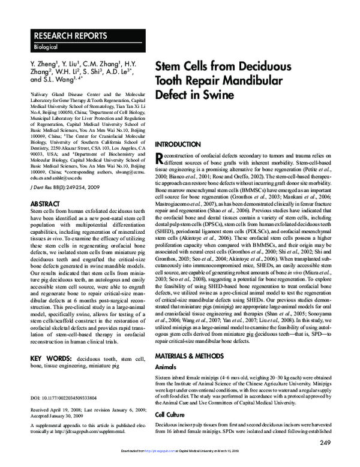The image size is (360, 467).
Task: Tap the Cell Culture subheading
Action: [x=172, y=414]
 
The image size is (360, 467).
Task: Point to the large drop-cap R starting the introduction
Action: [x=159, y=158]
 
